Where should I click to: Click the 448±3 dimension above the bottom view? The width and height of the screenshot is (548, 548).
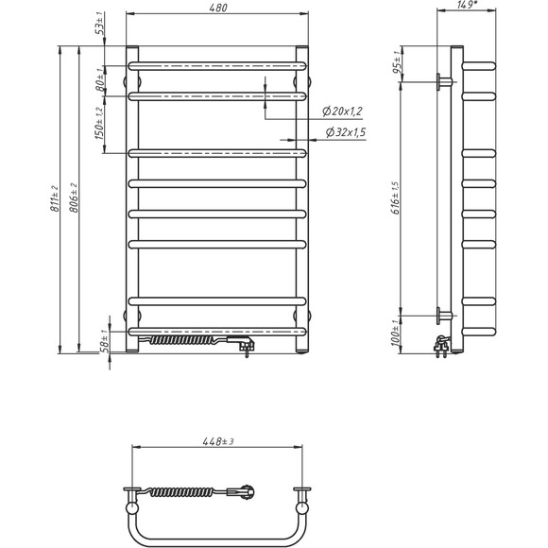pos(215,439)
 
